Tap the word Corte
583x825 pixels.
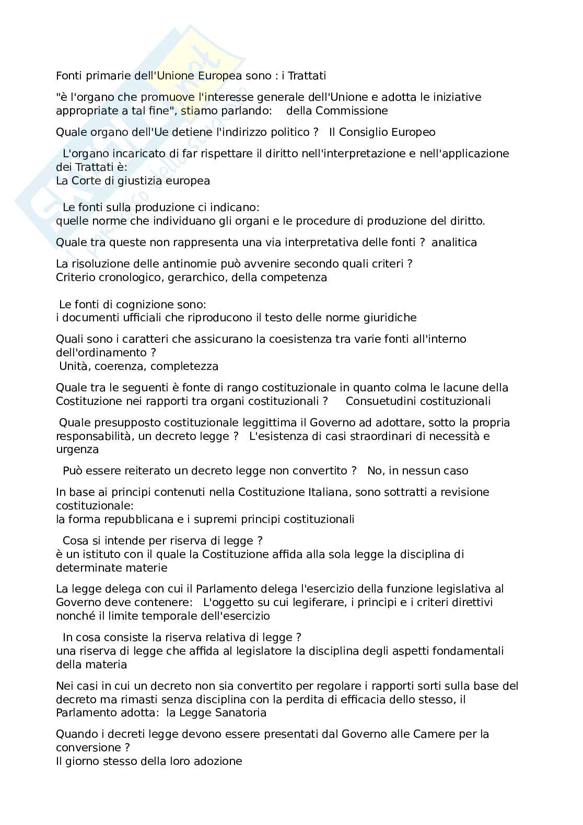click(x=87, y=181)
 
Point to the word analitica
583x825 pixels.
click(x=454, y=242)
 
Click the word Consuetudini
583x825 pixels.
click(x=381, y=401)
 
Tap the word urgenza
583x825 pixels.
click(x=77, y=449)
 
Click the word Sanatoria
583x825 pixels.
click(x=242, y=713)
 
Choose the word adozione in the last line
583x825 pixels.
click(x=218, y=761)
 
